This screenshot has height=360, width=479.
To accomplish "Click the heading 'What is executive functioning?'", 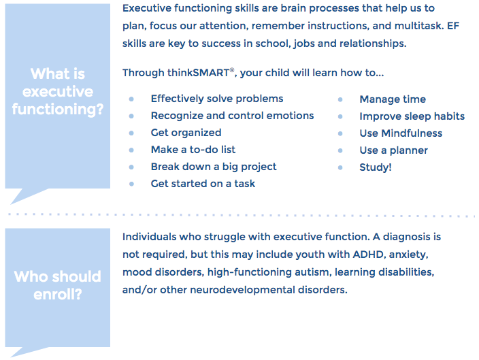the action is coord(58,91).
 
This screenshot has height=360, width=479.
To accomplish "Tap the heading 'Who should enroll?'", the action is coord(57,285).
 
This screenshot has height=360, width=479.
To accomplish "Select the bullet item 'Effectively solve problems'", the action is coord(217,99).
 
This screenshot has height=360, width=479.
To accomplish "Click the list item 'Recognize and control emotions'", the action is coord(232,116).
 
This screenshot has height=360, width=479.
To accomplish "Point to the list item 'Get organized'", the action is coord(186,133).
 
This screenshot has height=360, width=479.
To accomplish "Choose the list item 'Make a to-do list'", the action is coord(193,150).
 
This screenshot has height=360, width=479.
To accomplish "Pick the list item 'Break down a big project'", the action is coord(214,167).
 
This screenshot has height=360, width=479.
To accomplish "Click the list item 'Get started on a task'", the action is coord(203,184).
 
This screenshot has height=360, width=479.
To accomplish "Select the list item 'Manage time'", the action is coord(393,99).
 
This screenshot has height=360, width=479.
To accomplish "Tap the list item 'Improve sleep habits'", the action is coord(412,116).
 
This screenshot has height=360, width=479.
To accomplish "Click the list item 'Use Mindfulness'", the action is coord(401,133).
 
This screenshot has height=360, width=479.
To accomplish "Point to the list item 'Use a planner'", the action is coord(393,150).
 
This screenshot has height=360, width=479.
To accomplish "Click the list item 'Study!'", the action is coord(376,167).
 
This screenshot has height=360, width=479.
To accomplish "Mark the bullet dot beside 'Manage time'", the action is coord(340,99).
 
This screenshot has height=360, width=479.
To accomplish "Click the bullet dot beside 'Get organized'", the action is coord(131,133).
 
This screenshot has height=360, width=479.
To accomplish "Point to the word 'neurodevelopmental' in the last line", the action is coord(242,290).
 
